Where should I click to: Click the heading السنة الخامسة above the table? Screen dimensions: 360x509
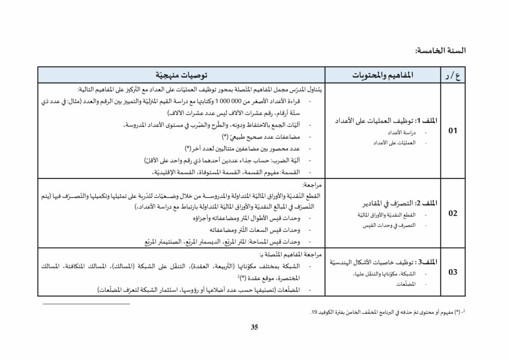pos(440,51)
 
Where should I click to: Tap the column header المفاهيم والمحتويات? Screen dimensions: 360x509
pos(383,76)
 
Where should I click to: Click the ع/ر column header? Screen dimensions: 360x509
pos(450,76)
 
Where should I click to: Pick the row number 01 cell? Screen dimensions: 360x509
pos(452,131)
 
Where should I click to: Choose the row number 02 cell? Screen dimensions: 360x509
pos(452,214)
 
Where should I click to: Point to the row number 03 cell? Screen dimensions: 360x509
pos(452,272)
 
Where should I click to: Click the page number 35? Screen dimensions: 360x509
pos(254,327)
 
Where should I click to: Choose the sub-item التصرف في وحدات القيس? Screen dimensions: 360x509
pos(393,225)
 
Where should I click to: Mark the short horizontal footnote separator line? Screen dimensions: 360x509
pos(86,303)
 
